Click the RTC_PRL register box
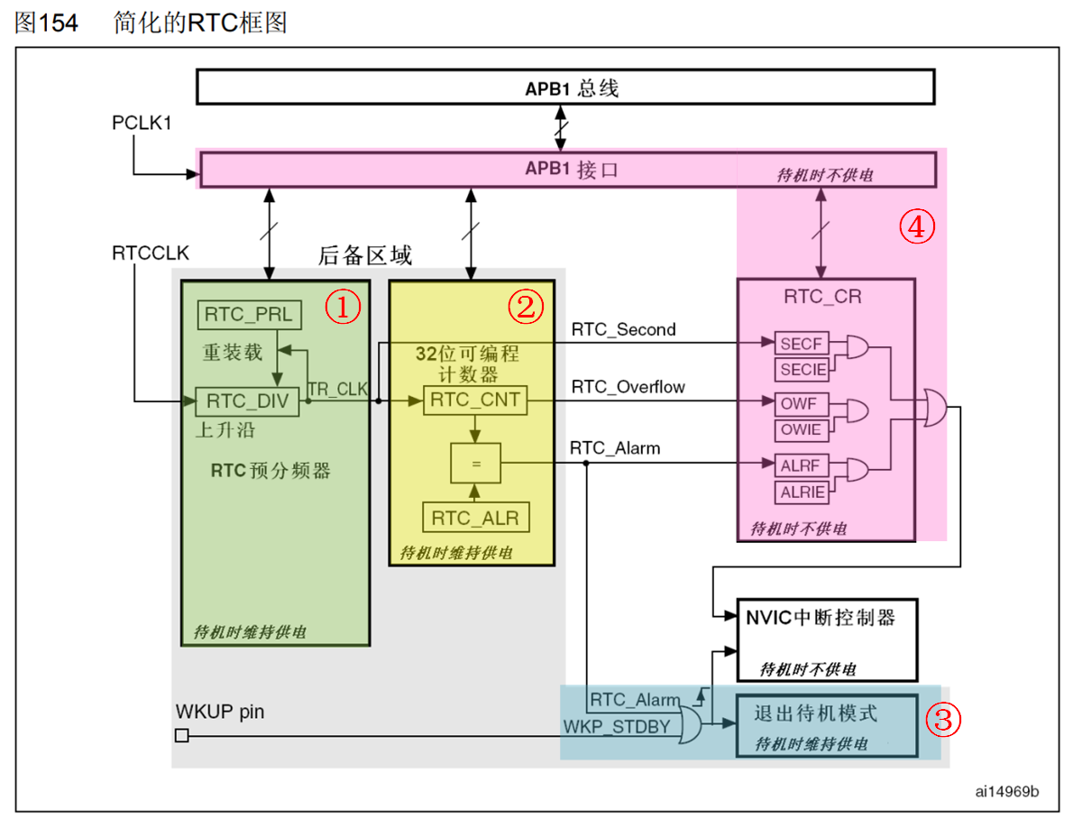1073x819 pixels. click(249, 315)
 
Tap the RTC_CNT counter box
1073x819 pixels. click(475, 400)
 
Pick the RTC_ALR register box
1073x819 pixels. click(476, 518)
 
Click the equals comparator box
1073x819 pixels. click(476, 464)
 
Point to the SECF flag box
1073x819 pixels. click(801, 344)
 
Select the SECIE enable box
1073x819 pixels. click(801, 369)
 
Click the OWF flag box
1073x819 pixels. click(801, 404)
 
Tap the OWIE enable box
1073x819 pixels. click(801, 429)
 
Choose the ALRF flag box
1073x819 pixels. click(801, 465)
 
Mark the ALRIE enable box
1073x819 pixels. click(801, 492)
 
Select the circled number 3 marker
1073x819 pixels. click(945, 719)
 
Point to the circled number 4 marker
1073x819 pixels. click(916, 228)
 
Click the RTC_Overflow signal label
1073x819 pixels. click(628, 388)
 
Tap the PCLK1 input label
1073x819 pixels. click(142, 123)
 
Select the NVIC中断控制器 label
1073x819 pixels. click(820, 618)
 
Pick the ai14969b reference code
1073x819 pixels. click(1006, 792)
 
